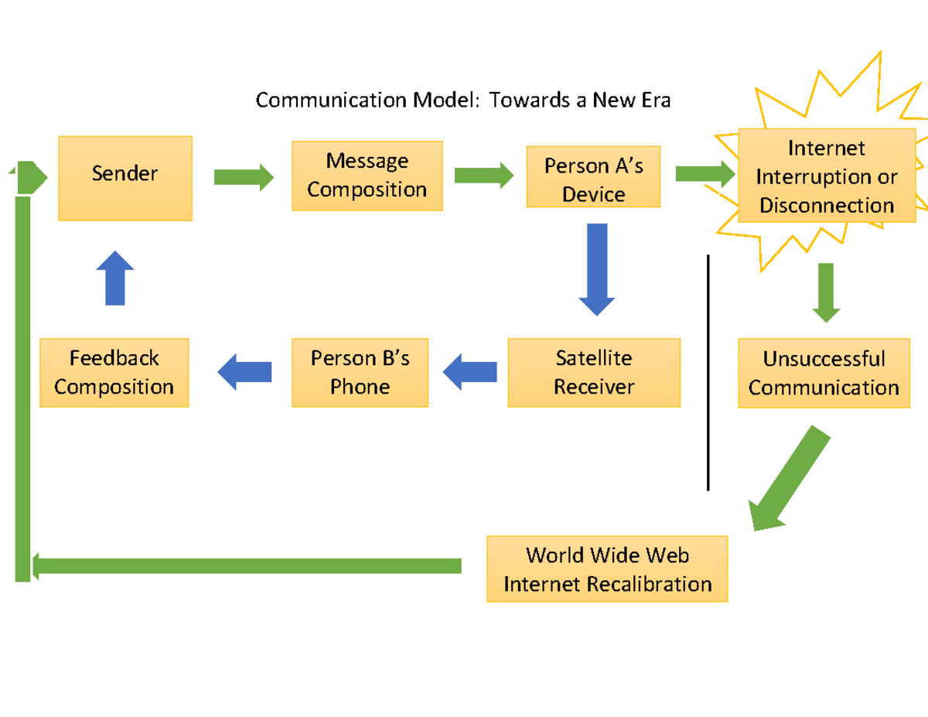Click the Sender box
[125, 178]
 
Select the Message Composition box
[367, 176]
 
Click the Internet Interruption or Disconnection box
[826, 176]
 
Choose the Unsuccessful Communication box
[824, 373]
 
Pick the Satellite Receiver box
[594, 373]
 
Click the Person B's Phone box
[360, 373]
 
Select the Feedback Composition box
[114, 373]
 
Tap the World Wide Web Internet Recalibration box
[607, 568]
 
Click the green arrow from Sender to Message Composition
[244, 177]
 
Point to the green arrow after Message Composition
[483, 175]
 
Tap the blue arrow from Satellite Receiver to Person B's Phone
[470, 372]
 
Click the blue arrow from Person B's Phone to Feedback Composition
[245, 372]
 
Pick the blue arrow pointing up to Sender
[115, 278]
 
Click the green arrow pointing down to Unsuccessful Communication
[826, 292]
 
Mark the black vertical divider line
[708, 371]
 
